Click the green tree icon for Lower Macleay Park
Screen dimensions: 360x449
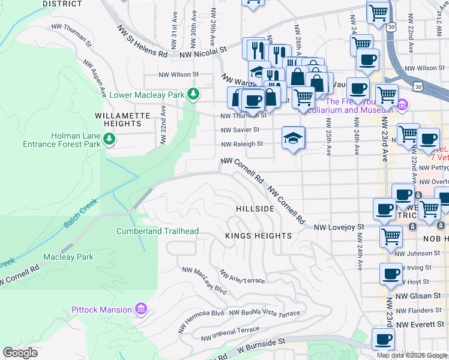193,94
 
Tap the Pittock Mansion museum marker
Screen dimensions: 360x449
141,310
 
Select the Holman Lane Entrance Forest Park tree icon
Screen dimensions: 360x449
109,140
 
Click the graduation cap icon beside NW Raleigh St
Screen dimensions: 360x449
293,138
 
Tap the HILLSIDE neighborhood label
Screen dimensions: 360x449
255,208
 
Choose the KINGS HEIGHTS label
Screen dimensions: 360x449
258,236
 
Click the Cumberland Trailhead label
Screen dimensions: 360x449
157,231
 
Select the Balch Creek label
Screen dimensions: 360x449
80,214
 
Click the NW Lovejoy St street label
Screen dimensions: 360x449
340,227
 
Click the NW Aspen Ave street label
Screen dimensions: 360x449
95,78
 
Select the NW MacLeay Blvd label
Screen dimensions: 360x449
206,281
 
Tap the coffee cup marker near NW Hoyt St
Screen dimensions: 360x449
391,275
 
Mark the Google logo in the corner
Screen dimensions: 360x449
20,353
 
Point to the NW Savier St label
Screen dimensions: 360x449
240,130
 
